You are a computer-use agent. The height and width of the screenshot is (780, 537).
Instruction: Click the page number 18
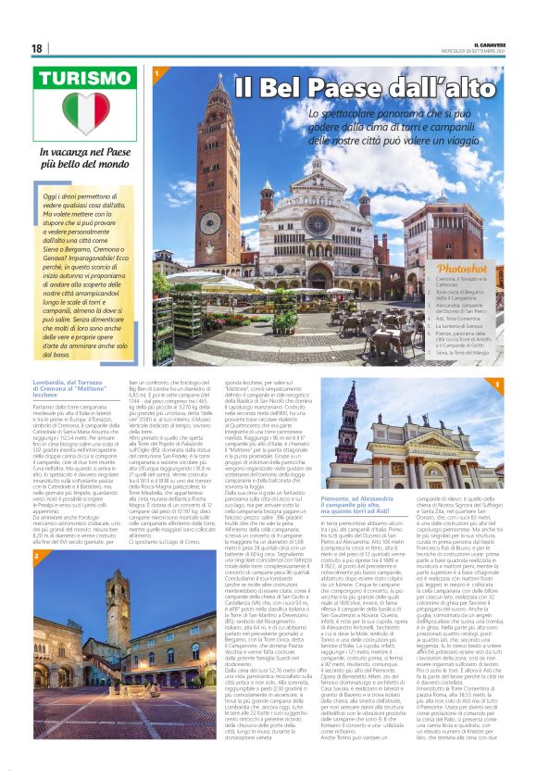[x=37, y=48]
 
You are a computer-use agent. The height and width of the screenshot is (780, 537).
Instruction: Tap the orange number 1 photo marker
[x=157, y=71]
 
